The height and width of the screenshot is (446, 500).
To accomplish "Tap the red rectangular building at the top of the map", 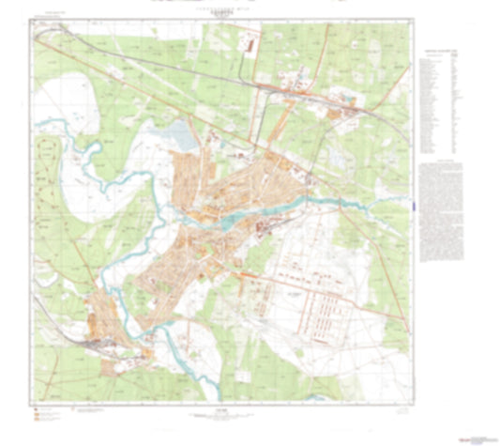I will (x=249, y=42).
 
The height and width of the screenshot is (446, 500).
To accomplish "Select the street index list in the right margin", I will (x=441, y=108).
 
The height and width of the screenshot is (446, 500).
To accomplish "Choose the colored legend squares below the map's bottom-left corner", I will (x=37, y=413).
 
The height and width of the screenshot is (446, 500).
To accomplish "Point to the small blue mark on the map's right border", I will (x=413, y=199).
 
